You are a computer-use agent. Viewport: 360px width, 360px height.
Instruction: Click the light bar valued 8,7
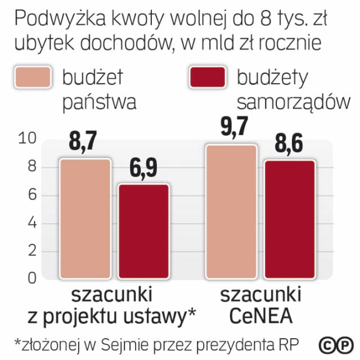click(86, 218)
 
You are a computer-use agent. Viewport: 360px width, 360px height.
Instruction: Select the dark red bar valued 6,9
click(143, 231)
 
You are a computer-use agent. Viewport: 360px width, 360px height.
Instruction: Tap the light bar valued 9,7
click(231, 211)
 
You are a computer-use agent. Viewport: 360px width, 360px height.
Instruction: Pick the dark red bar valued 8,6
click(290, 219)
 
